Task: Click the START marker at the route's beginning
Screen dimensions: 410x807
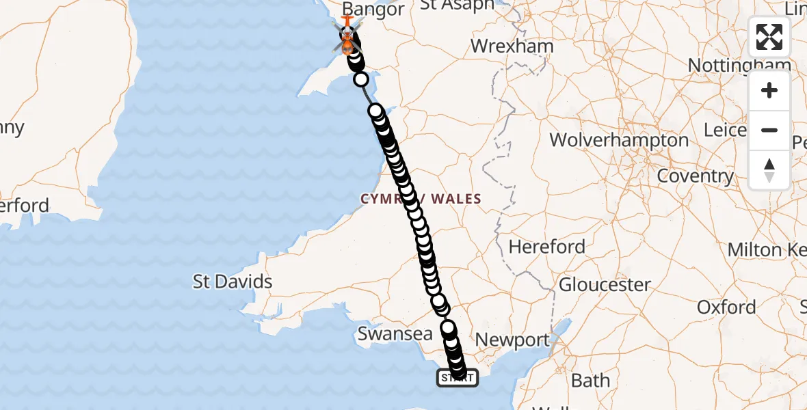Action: [457, 378]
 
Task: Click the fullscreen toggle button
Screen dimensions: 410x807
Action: [769, 37]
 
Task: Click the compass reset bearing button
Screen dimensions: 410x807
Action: [769, 169]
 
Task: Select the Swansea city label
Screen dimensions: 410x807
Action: [395, 334]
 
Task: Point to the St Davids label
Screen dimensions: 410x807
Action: [233, 282]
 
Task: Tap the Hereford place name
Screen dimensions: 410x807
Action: [547, 246]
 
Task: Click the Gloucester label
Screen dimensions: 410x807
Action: [605, 284]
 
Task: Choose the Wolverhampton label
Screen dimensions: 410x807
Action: [619, 140]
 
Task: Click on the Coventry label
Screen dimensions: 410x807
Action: [695, 176]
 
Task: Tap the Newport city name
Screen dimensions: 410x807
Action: [512, 340]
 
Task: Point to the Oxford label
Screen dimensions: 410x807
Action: [726, 307]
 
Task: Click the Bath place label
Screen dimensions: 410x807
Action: [591, 380]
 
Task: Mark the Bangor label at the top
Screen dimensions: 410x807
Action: [373, 10]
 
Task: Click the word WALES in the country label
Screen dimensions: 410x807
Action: [456, 199]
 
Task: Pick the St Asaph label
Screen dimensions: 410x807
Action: [457, 5]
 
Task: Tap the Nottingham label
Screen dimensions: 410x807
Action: [739, 66]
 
